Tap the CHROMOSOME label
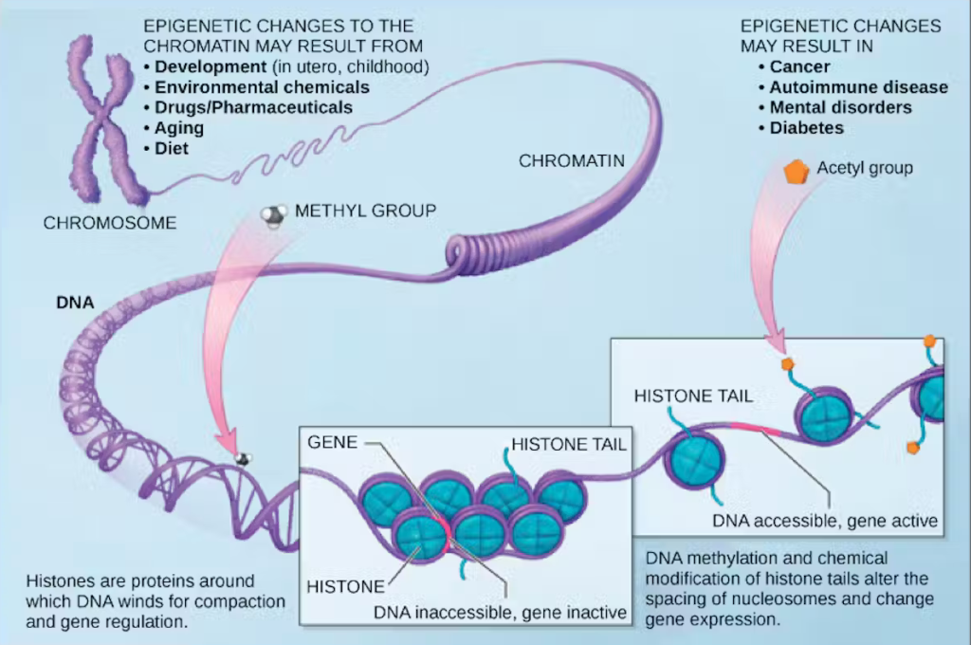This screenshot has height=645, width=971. pyautogui.click(x=110, y=224)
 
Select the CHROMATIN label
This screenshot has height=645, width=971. pyautogui.click(x=571, y=161)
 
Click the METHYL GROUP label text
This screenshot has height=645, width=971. pyautogui.click(x=365, y=211)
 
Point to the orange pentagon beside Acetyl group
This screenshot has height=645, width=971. pyautogui.click(x=796, y=172)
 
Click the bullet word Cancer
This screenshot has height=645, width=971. pyautogui.click(x=799, y=66)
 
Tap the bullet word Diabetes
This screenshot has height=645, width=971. pyautogui.click(x=806, y=127)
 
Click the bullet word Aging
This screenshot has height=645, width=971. pyautogui.click(x=179, y=128)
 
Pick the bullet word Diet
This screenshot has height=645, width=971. pyautogui.click(x=172, y=149)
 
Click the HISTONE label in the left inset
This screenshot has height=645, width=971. pyautogui.click(x=345, y=586)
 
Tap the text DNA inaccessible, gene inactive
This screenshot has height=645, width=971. pyautogui.click(x=500, y=613)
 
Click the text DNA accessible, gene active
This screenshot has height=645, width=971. pyautogui.click(x=825, y=520)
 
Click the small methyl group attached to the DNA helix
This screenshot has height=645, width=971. pyautogui.click(x=244, y=459)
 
